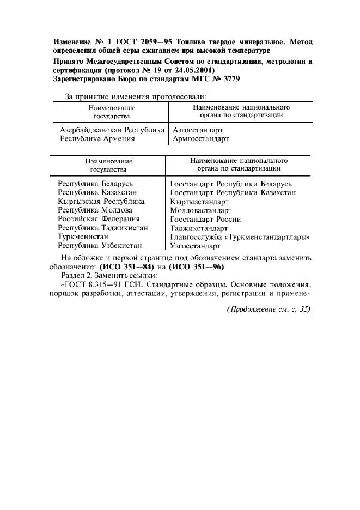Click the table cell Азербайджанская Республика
(112, 130)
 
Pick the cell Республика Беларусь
(95, 184)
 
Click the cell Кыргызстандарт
(199, 201)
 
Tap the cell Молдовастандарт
(200, 210)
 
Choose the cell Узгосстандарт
(196, 246)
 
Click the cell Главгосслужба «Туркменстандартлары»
(240, 236)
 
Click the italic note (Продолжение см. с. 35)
(269, 309)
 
